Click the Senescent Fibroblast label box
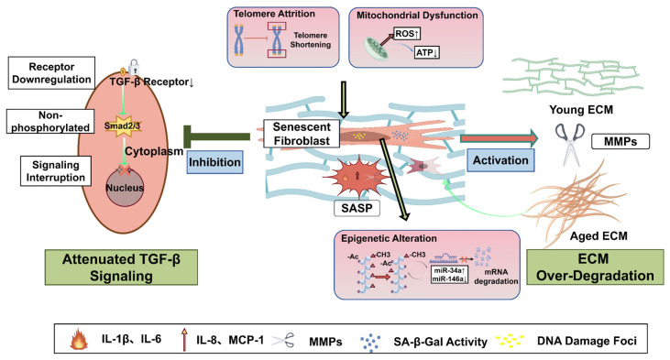pos(302,134)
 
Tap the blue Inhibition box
pos(214,162)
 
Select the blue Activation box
pos(500,160)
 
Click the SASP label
pos(357,209)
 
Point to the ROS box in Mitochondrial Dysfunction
pos(407,34)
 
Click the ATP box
pos(427,53)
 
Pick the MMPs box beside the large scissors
pos(621,141)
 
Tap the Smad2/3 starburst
pos(123,126)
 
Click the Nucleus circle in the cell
pos(125,187)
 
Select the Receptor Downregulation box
pos(51,73)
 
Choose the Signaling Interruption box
pos(56,170)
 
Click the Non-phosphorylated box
pos(50,121)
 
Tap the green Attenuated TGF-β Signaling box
pos(121,267)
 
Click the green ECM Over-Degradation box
pos(595,267)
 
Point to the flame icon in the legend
pos(79,340)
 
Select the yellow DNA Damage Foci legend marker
pos(511,341)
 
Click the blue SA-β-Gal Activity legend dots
pos(370,342)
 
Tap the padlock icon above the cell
pos(135,68)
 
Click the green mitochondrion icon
pos(377,48)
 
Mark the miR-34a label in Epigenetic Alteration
pos(449,271)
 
